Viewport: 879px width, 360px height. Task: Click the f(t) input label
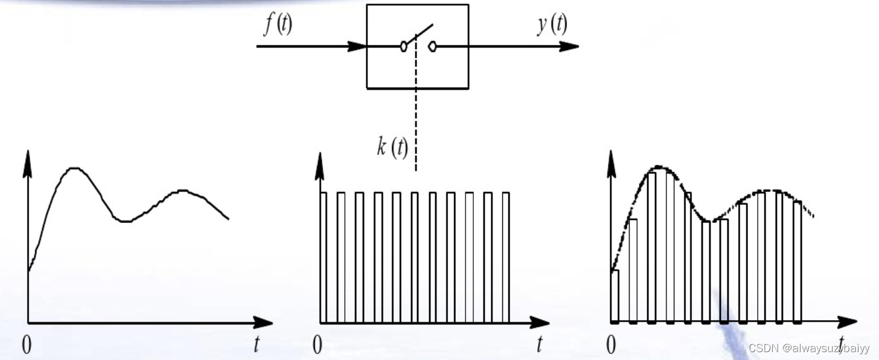[278, 26]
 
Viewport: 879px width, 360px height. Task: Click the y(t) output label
[552, 25]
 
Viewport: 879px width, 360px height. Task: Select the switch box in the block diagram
[417, 47]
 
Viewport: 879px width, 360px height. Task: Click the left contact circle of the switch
[403, 46]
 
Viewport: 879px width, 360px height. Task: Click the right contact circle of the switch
[432, 46]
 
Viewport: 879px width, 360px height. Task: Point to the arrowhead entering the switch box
[357, 46]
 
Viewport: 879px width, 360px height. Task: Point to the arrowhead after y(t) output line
[569, 46]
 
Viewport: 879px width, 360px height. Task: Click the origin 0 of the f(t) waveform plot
[27, 345]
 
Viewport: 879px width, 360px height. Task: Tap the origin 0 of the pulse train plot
[318, 345]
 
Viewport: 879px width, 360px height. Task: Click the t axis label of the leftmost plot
[257, 344]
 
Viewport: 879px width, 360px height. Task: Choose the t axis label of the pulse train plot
[540, 344]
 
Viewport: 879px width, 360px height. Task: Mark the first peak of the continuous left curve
[74, 168]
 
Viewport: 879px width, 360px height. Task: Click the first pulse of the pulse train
[323, 257]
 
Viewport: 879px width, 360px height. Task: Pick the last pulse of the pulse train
[506, 257]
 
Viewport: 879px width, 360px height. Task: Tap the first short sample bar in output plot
[615, 296]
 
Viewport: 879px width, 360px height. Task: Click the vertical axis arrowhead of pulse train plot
[318, 162]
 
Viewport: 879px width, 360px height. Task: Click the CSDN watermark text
[809, 349]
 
